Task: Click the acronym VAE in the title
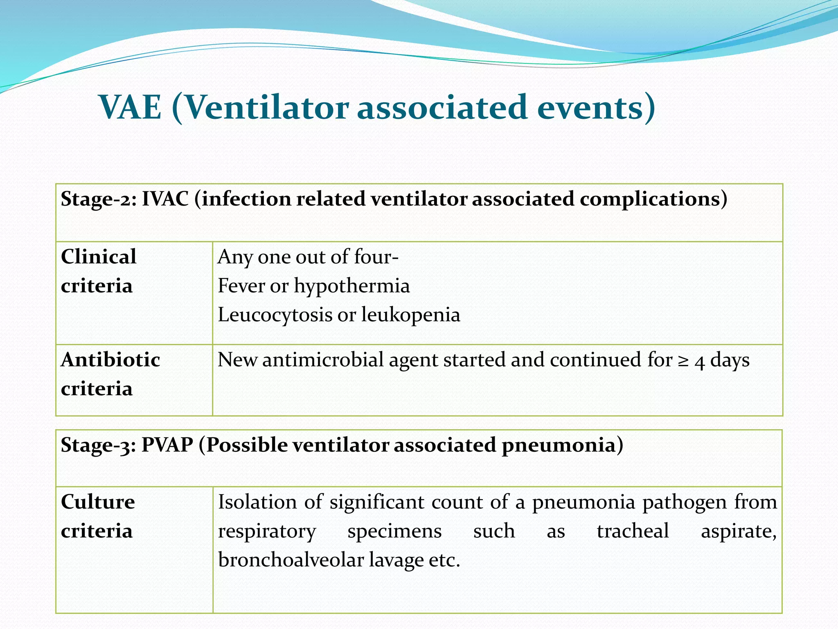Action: pyautogui.click(x=131, y=107)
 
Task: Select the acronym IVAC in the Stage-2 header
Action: pyautogui.click(x=165, y=199)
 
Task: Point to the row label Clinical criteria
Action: pyautogui.click(x=99, y=271)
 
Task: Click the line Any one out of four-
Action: pyautogui.click(x=308, y=257)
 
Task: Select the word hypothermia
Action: pyautogui.click(x=351, y=286)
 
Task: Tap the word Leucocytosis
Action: pyautogui.click(x=275, y=315)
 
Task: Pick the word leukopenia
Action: pyautogui.click(x=411, y=315)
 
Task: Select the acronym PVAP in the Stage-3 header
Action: pyautogui.click(x=167, y=445)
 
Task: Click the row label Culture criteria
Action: pyautogui.click(x=98, y=516)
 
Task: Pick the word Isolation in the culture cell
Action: pyautogui.click(x=257, y=502)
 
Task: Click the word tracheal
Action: pyautogui.click(x=633, y=531)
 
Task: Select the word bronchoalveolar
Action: pyautogui.click(x=291, y=560)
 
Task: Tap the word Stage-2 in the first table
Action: pyautogui.click(x=98, y=199)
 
